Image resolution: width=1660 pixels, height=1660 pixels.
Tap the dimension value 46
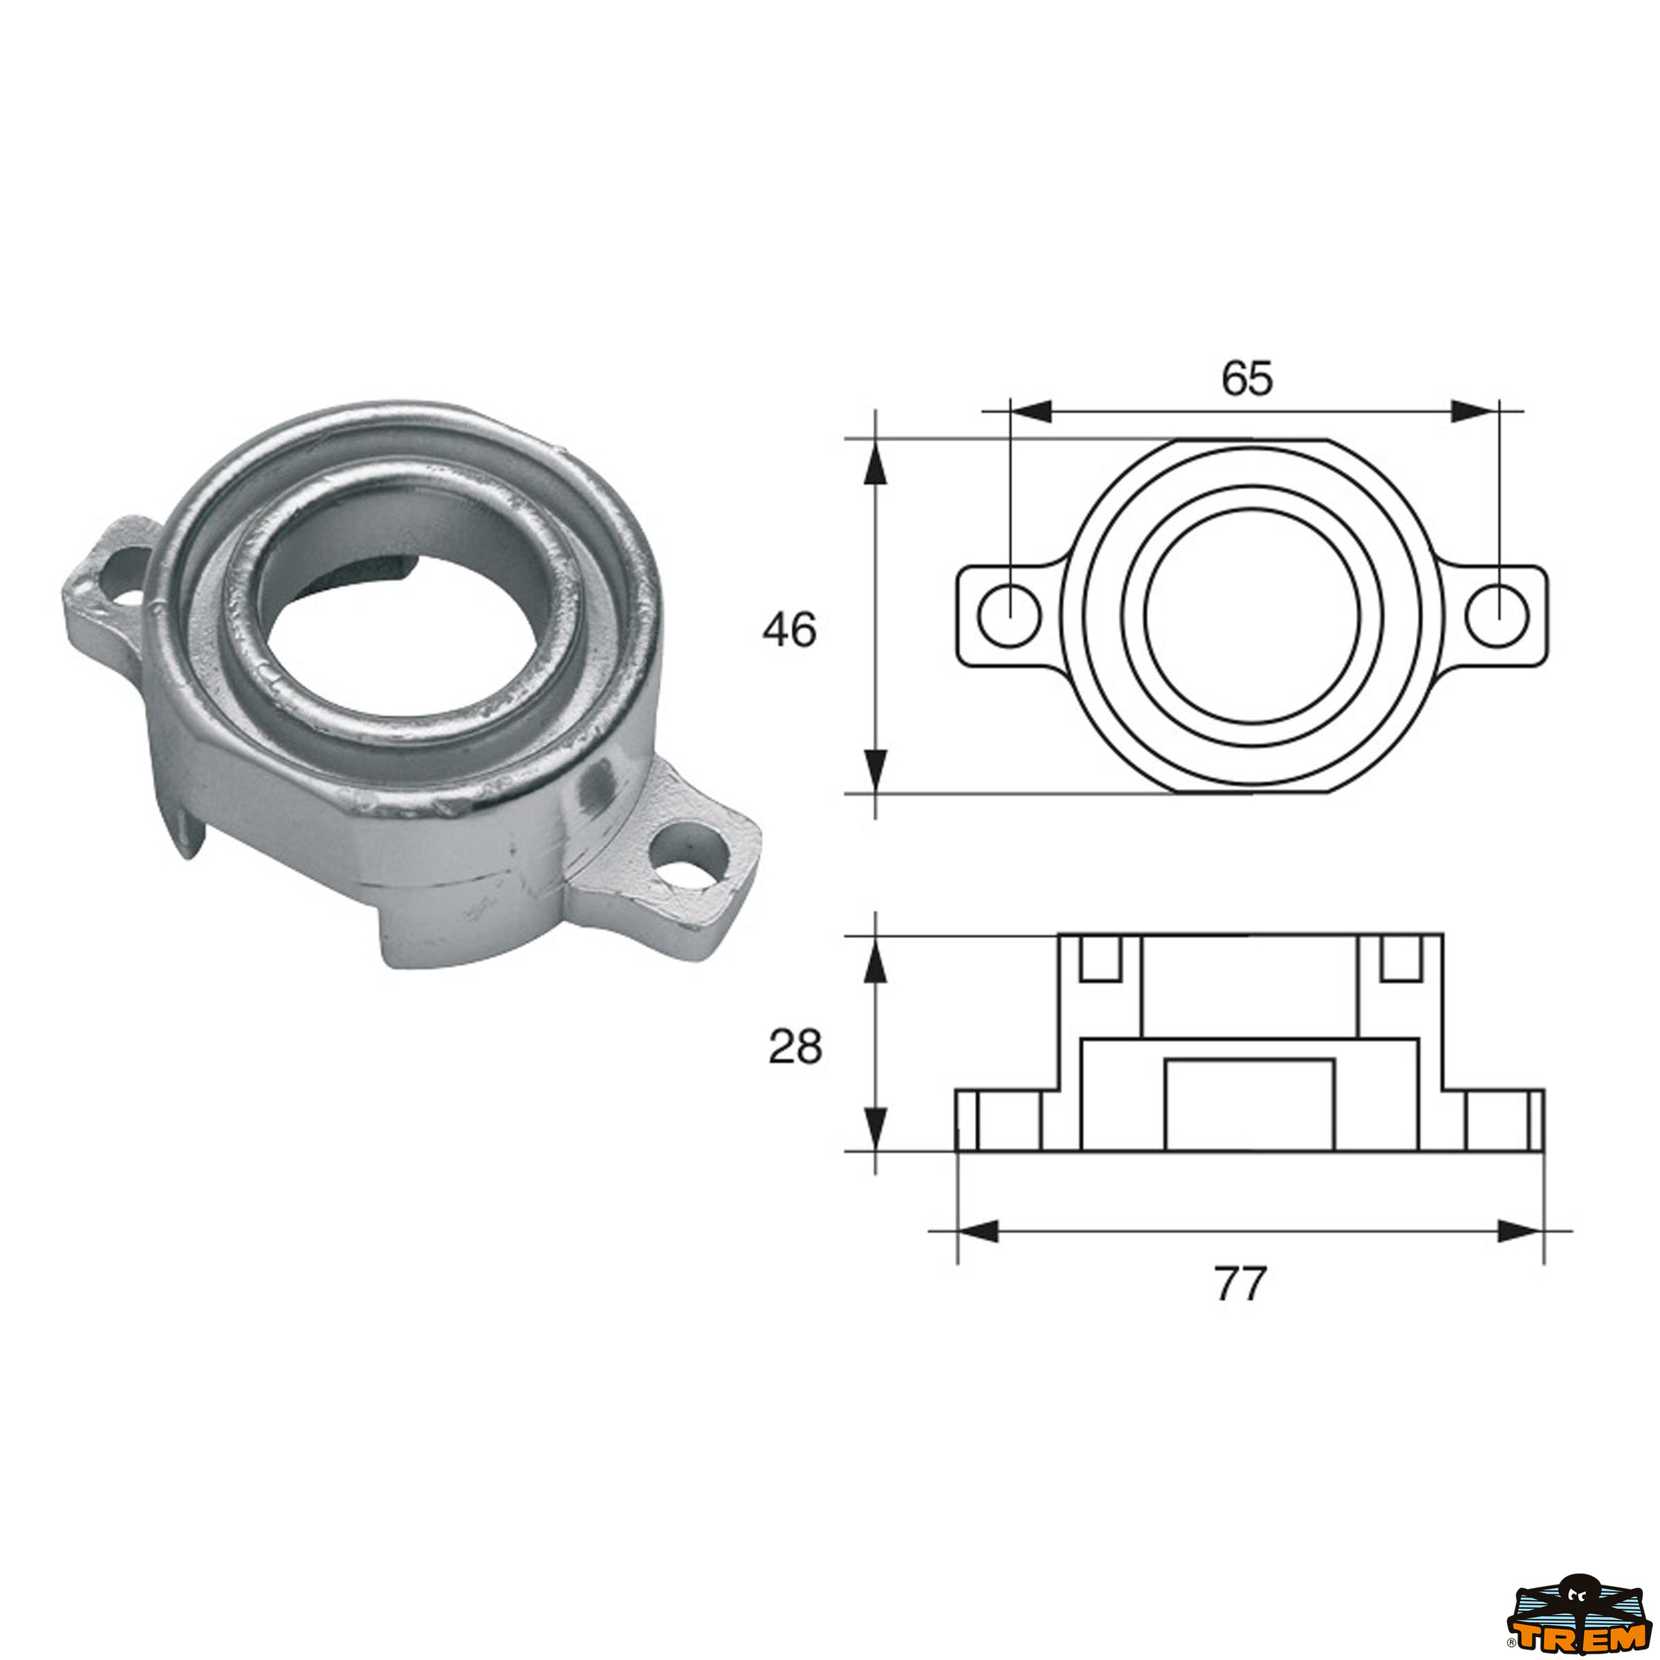(x=788, y=631)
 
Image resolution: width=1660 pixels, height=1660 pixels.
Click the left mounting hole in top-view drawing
(x=1010, y=615)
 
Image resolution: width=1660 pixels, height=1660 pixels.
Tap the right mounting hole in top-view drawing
(x=1497, y=615)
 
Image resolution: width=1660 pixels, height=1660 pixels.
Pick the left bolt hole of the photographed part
(x=125, y=573)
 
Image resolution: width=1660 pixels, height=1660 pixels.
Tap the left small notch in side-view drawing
(x=1100, y=957)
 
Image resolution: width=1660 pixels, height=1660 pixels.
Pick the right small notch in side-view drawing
(x=1401, y=957)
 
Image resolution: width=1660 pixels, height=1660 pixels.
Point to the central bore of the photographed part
(x=404, y=636)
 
